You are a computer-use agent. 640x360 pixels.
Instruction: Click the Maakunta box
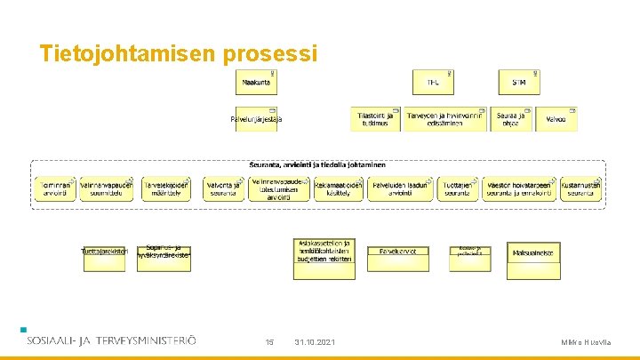pyautogui.click(x=257, y=83)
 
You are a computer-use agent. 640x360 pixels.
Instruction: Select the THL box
pyautogui.click(x=433, y=83)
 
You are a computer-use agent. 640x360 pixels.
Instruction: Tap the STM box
pyautogui.click(x=519, y=83)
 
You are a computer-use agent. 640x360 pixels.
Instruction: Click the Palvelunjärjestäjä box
pyautogui.click(x=257, y=119)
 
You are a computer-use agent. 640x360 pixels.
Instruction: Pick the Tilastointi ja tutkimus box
pyautogui.click(x=375, y=119)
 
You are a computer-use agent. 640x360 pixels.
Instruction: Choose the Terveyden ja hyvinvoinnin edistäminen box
pyautogui.click(x=445, y=119)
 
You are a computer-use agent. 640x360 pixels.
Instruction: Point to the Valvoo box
pyautogui.click(x=556, y=119)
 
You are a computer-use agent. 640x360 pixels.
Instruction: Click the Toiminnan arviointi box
pyautogui.click(x=55, y=188)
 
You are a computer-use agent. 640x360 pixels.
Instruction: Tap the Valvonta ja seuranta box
pyautogui.click(x=224, y=188)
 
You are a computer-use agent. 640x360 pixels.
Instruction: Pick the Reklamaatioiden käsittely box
pyautogui.click(x=338, y=188)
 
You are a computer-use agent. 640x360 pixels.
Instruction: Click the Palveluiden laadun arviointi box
pyautogui.click(x=397, y=188)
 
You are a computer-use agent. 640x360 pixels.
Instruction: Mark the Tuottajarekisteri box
pyautogui.click(x=105, y=252)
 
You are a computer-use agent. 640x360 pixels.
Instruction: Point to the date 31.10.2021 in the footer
pyautogui.click(x=315, y=342)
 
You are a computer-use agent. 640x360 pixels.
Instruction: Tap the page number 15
pyautogui.click(x=270, y=342)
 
